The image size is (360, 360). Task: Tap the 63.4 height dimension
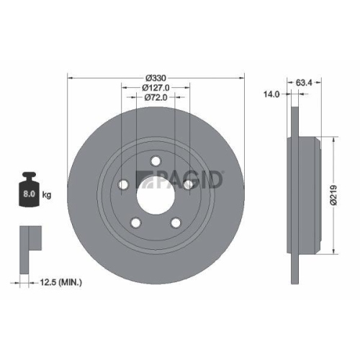[x=304, y=82]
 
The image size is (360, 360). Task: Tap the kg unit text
[x=48, y=195]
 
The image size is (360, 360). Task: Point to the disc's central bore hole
[x=155, y=199]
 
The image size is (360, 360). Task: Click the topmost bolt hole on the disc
[x=155, y=163]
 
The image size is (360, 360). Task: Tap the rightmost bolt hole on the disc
[x=188, y=186]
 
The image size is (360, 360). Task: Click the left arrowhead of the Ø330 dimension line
[x=69, y=77]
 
